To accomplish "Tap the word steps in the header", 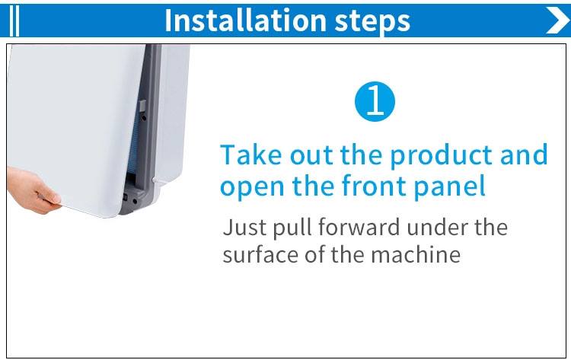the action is click(372, 21).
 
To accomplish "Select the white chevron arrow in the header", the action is click(558, 20).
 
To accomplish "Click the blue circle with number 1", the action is click(375, 101).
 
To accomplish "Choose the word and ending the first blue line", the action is click(524, 155).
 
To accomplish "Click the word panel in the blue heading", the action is click(450, 186).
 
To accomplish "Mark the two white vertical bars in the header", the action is click(14, 21).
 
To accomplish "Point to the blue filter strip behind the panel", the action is click(136, 142).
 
